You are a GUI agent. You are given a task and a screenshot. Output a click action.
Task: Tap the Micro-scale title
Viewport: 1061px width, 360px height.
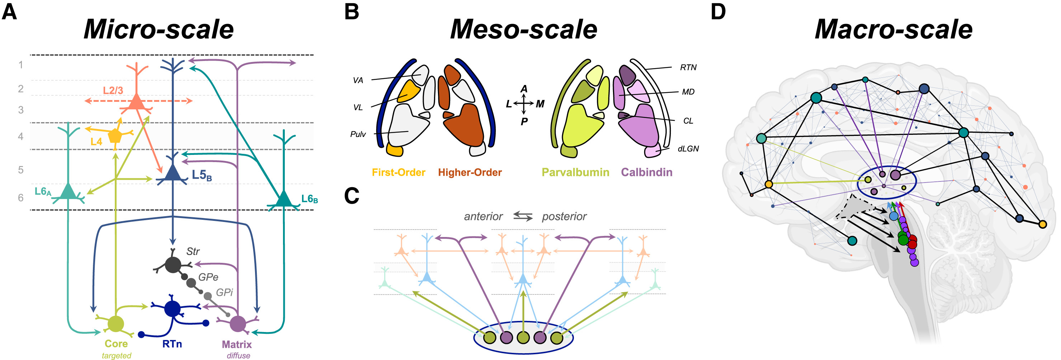click(159, 30)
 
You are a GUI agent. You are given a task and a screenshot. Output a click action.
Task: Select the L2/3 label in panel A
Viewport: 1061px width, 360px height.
click(113, 91)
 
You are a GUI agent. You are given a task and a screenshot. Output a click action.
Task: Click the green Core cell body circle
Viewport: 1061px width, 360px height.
click(116, 324)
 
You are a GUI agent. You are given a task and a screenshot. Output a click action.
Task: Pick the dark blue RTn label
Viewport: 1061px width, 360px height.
click(172, 344)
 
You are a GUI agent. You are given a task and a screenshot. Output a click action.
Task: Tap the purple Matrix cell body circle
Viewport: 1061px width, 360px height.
click(238, 324)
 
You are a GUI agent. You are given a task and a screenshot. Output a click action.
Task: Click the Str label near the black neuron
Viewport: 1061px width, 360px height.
click(193, 251)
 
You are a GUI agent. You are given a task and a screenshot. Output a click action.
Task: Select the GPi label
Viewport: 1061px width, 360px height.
click(225, 293)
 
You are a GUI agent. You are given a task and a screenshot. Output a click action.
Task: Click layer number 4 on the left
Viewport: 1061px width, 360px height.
click(20, 136)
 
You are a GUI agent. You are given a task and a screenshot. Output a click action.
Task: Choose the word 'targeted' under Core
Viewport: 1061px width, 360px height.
click(117, 355)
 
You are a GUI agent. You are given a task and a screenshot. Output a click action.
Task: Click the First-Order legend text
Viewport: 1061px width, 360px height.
click(398, 172)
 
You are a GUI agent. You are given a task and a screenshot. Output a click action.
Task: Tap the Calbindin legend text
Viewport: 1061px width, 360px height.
click(647, 172)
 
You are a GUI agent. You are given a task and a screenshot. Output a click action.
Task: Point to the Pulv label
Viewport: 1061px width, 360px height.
click(358, 134)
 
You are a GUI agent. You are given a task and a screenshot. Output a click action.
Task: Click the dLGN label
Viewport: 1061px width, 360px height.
click(688, 149)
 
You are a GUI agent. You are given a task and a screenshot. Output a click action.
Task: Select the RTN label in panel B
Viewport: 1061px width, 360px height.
click(688, 67)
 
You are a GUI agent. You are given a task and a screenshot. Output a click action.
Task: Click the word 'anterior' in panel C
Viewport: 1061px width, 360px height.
click(483, 217)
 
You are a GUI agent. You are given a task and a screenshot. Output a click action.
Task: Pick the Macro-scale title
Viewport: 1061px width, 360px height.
click(893, 30)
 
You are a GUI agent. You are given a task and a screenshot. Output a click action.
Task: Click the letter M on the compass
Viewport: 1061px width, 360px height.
click(540, 104)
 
